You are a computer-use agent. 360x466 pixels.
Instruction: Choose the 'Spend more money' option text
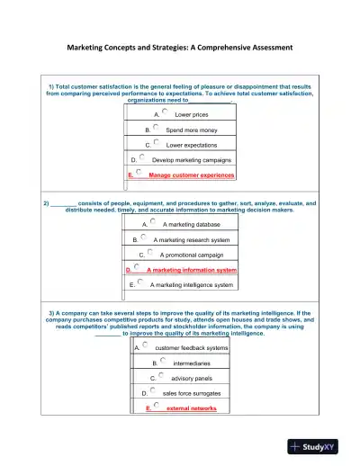188,130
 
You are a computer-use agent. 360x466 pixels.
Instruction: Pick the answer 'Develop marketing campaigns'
192,160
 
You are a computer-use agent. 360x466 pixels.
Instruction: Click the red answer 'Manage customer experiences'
191,175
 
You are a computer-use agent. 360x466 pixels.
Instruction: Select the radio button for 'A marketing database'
153,221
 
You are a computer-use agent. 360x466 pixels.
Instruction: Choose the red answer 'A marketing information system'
192,270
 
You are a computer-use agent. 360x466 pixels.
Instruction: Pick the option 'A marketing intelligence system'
192,285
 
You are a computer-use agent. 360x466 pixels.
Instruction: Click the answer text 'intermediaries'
192,363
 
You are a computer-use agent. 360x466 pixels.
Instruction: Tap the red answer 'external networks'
191,408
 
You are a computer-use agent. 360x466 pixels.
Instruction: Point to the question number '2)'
46,203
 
